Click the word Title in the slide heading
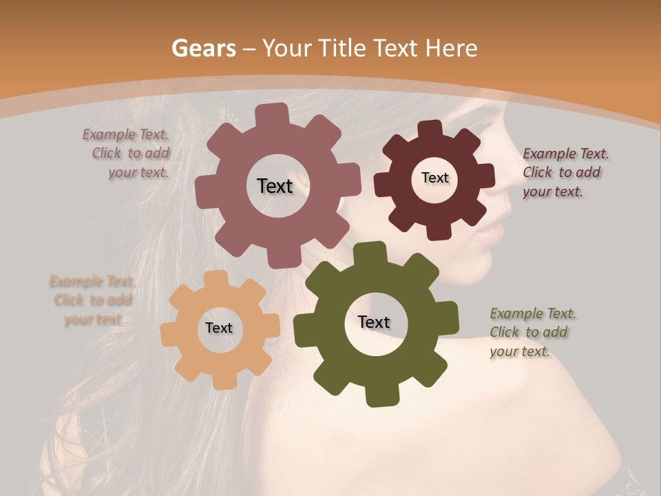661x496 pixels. [342, 48]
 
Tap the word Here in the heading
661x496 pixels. [451, 48]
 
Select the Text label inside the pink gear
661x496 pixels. [275, 186]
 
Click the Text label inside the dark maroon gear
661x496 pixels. [434, 178]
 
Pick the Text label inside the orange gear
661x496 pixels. [219, 328]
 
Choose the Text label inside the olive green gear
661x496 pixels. [374, 322]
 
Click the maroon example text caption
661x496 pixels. [565, 172]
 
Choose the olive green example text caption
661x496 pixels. [532, 332]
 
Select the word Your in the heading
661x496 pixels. [288, 48]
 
